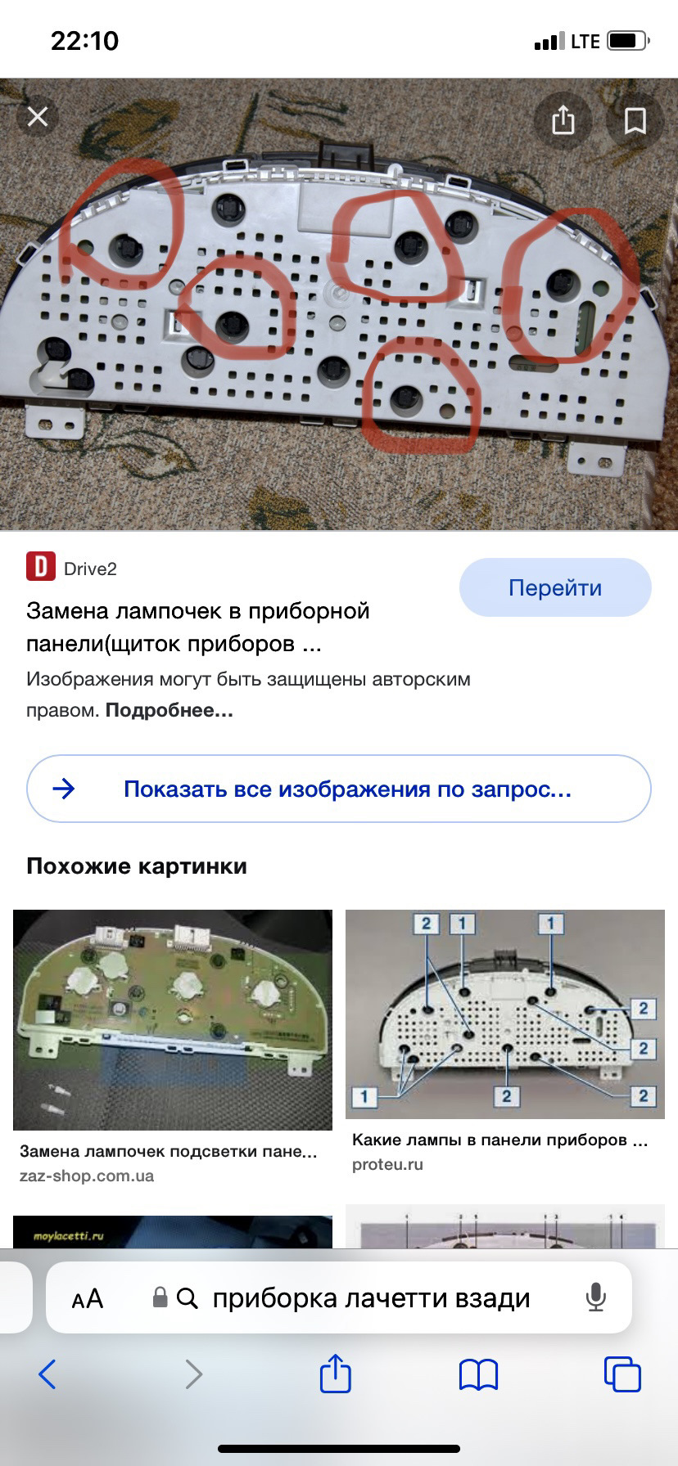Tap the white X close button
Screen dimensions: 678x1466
pyautogui.click(x=38, y=117)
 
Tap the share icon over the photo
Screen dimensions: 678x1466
pyautogui.click(x=563, y=120)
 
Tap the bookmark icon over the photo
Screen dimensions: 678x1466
pyautogui.click(x=635, y=120)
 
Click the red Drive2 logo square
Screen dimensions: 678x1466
pyautogui.click(x=41, y=566)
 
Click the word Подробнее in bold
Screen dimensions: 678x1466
pyautogui.click(x=169, y=710)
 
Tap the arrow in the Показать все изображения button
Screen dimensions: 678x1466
pyautogui.click(x=64, y=789)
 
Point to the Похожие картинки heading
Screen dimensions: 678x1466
pyautogui.click(x=137, y=866)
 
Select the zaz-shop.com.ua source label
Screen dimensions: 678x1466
pyautogui.click(x=87, y=1176)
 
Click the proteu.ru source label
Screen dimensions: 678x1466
pyautogui.click(x=387, y=1164)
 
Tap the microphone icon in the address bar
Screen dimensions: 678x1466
pyautogui.click(x=595, y=1298)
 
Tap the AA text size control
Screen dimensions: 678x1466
pyautogui.click(x=88, y=1298)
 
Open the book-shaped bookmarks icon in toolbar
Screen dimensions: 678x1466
pyautogui.click(x=479, y=1374)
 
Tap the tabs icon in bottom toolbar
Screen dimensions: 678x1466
pyautogui.click(x=622, y=1374)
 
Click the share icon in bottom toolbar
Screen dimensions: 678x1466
pyautogui.click(x=335, y=1373)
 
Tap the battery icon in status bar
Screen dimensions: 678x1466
pyautogui.click(x=628, y=41)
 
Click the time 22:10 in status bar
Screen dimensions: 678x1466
pyautogui.click(x=85, y=41)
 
